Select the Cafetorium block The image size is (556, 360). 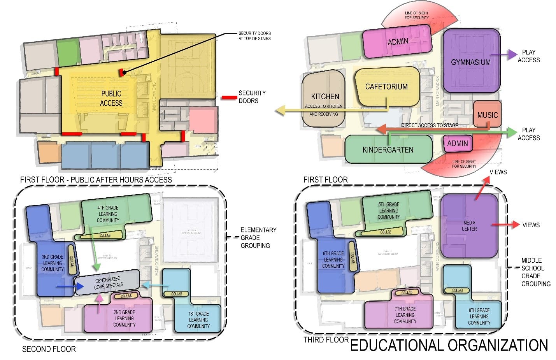click(386, 86)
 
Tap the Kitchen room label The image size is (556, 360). click(325, 97)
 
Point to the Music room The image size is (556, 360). click(487, 115)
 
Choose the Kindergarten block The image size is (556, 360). click(388, 149)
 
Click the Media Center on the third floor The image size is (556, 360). click(469, 226)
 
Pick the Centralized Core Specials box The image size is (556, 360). click(108, 283)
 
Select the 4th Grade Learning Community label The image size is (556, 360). click(108, 214)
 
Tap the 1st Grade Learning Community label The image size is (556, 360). click(198, 320)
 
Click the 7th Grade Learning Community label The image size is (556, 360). click(405, 315)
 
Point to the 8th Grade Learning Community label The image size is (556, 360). click(479, 316)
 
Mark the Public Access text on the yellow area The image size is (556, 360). click(111, 98)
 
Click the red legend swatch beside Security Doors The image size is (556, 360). click(229, 97)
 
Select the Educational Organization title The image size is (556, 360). click(449, 345)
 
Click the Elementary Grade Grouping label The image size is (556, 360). click(258, 237)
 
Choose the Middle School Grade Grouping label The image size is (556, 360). click(535, 272)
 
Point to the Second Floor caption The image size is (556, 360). click(49, 349)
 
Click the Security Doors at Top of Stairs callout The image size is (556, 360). click(254, 36)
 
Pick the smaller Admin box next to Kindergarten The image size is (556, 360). click(458, 143)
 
